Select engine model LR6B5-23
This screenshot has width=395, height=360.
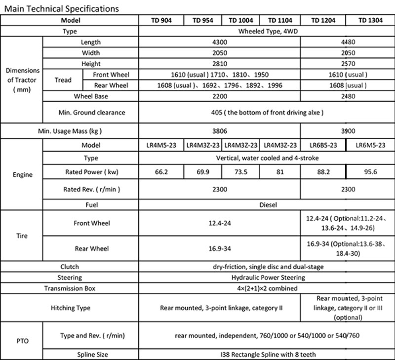323,145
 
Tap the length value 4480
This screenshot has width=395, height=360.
348,42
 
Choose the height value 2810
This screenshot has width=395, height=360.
219,64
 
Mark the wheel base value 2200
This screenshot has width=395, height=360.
219,96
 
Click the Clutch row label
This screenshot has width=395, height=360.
70,267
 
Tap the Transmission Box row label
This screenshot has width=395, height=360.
70,288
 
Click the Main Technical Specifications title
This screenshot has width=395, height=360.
60,8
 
